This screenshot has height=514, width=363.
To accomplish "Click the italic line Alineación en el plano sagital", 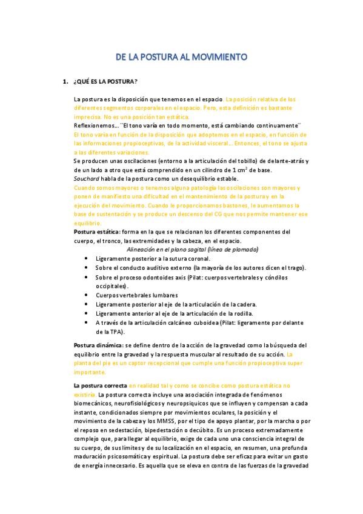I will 193,249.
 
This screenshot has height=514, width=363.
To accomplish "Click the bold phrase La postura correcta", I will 100,385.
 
